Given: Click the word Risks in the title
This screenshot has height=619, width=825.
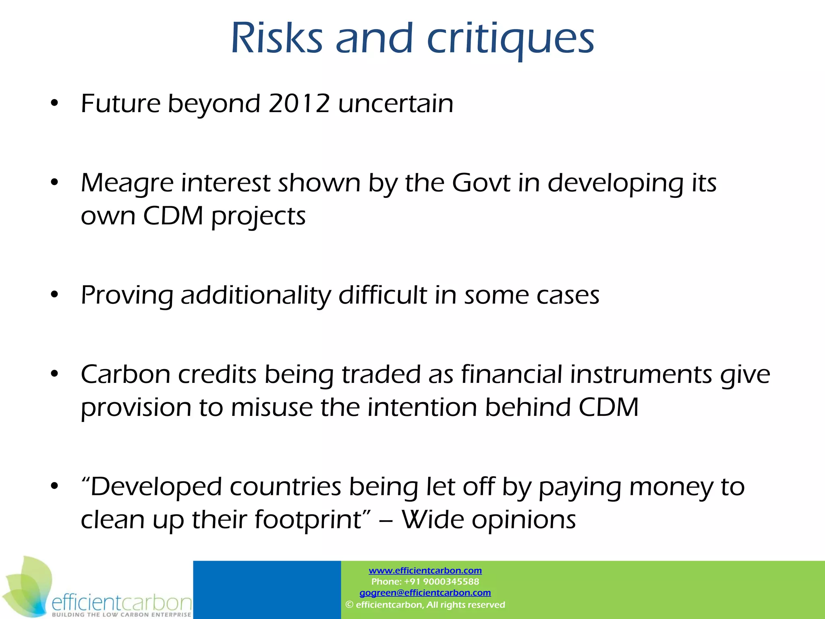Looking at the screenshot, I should (x=277, y=38).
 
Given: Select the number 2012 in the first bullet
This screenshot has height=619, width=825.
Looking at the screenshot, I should (x=299, y=104).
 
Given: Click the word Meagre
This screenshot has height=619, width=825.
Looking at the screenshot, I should (x=127, y=183).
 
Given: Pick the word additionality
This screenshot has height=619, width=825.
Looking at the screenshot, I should (x=256, y=295).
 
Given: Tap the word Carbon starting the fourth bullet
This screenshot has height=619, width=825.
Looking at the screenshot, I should (x=125, y=374).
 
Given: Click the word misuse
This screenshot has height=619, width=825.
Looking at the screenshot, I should (x=272, y=407).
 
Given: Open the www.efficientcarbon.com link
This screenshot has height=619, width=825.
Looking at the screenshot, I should (x=425, y=571).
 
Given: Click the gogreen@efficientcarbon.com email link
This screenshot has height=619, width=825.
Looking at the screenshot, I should (x=425, y=593).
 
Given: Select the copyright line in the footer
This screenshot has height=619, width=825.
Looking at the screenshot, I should (x=425, y=604).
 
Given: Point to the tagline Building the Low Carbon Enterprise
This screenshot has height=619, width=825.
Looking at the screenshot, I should (x=121, y=615).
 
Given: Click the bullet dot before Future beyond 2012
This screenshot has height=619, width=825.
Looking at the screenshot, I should (x=54, y=104).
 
